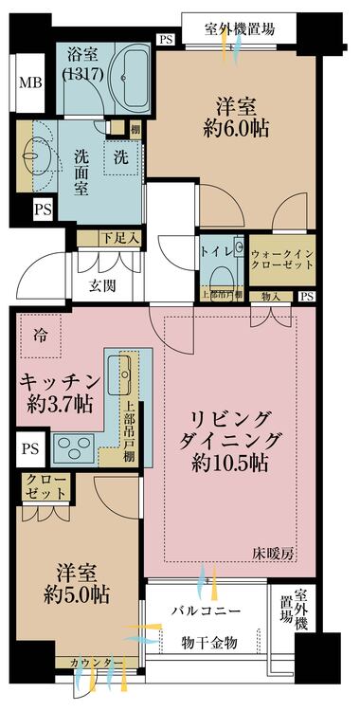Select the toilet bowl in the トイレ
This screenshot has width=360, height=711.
pyautogui.click(x=219, y=275)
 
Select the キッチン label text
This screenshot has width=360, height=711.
pyautogui.click(x=59, y=381)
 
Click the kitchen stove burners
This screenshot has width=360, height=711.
pyautogui.click(x=75, y=444)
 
